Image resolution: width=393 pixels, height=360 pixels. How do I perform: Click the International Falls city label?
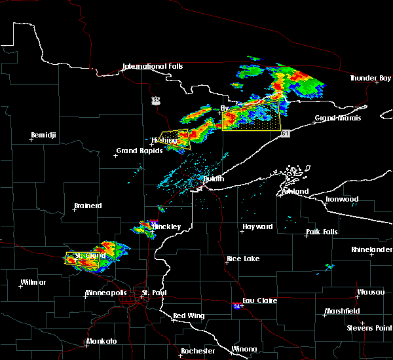tap(153, 67)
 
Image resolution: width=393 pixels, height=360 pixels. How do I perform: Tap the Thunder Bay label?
tap(370, 79)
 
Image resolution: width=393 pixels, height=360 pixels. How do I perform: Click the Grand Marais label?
tap(334, 119)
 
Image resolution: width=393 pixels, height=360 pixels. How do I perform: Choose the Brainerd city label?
tap(87, 206)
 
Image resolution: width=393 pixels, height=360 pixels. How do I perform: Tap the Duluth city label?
tap(213, 179)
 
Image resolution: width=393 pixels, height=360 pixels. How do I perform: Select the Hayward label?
tap(257, 227)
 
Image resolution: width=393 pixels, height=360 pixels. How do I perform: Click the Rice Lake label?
tap(243, 259)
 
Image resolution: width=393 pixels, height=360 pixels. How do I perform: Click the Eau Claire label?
tap(260, 301)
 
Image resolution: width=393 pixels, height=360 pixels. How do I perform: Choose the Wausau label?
tap(371, 293)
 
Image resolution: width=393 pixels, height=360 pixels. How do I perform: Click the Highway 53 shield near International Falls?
tap(155, 100)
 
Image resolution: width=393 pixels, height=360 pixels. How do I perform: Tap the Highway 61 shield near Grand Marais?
tap(286, 133)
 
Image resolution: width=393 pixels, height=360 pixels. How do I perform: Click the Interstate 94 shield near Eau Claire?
tap(236, 305)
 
